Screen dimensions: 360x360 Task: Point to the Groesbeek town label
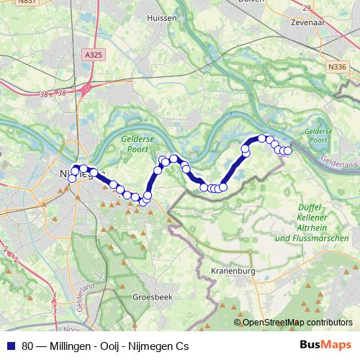151,297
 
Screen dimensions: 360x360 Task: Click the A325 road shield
93,55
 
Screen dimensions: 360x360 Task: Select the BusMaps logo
325,346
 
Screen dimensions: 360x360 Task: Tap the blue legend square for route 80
11,346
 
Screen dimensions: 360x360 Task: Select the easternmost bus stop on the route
288,150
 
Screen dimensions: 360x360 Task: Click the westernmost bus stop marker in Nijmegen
71,178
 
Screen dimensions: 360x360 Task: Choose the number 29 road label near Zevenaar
307,8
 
